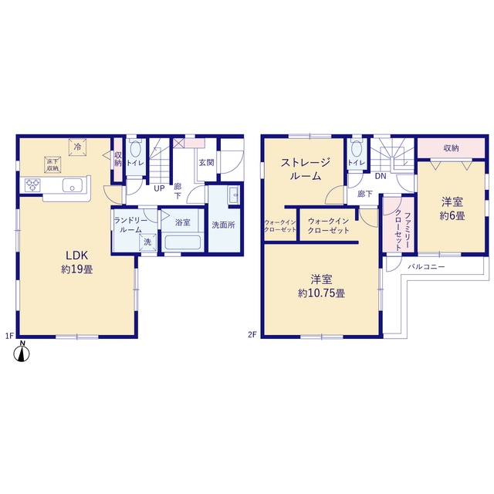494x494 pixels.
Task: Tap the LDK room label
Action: (x=76, y=255)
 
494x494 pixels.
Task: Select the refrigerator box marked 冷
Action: (x=77, y=147)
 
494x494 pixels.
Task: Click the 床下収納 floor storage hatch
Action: (x=52, y=164)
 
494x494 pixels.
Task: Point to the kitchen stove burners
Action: (x=32, y=185)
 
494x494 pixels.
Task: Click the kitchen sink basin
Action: (x=73, y=185)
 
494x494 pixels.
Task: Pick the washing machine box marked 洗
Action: (x=147, y=242)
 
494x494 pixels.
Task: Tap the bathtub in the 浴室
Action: (x=183, y=242)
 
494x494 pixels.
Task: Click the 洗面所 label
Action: (x=223, y=225)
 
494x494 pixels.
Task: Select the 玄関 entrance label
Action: (x=206, y=163)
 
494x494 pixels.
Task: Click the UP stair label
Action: (x=159, y=188)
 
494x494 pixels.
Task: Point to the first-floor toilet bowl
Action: (x=136, y=148)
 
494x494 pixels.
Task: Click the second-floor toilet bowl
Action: (x=357, y=148)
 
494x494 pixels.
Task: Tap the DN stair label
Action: (x=381, y=176)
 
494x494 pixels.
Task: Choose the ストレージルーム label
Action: (x=306, y=169)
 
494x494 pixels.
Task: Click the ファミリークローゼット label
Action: (x=403, y=231)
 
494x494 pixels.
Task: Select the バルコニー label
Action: (x=426, y=267)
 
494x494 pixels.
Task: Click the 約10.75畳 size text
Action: (x=321, y=293)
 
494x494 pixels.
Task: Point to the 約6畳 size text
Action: (x=452, y=216)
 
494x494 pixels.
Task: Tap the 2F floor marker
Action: (x=252, y=335)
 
